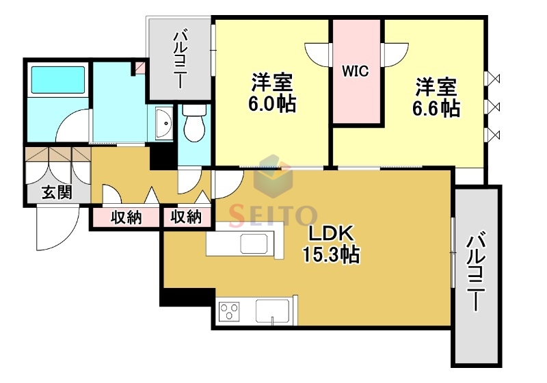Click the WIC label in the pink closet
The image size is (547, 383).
[x=356, y=71]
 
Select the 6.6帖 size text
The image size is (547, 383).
[x=436, y=107]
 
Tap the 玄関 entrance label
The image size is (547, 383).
[x=57, y=191]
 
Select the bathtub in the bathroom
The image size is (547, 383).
[x=58, y=81]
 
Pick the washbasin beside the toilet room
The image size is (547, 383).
[x=165, y=124]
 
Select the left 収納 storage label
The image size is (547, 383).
[x=126, y=218]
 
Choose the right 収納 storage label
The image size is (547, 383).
[x=186, y=218]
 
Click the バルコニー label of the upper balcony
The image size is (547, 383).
[x=181, y=59]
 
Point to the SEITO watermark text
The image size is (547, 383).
[x=273, y=216]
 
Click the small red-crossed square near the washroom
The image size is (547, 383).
[x=140, y=68]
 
